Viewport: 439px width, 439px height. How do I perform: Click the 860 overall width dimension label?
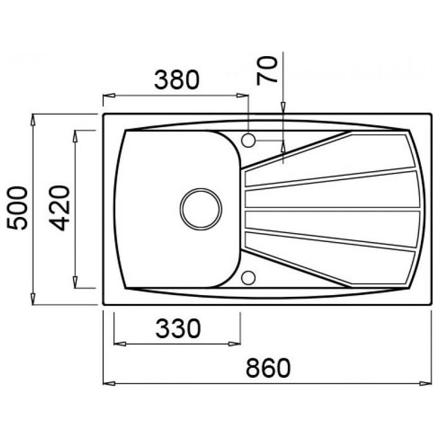[x=268, y=367]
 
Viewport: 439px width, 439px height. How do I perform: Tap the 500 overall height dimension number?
[x=17, y=208]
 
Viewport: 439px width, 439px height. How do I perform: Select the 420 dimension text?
[x=59, y=209]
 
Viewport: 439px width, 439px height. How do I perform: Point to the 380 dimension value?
[x=177, y=80]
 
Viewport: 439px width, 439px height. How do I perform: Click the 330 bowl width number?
[x=178, y=328]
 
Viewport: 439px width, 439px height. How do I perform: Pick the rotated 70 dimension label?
[x=267, y=70]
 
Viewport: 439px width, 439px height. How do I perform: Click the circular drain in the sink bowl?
[x=201, y=209]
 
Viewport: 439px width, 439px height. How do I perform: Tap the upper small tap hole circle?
[x=248, y=140]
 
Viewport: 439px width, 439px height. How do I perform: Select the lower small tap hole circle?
[x=248, y=278]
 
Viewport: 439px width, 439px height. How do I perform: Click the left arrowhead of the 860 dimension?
[x=109, y=383]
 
